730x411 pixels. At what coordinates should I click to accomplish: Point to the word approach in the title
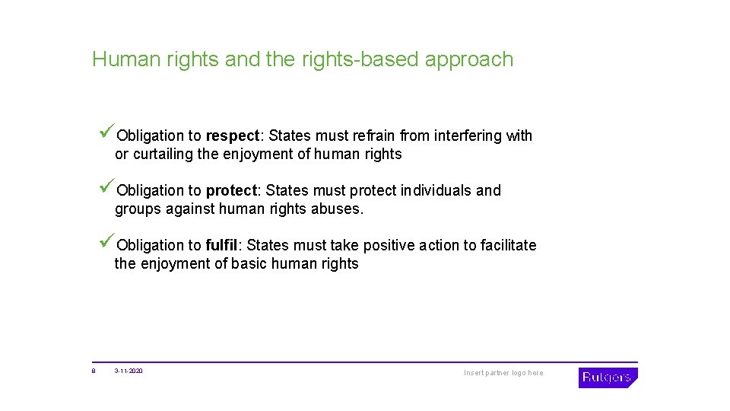tap(469, 60)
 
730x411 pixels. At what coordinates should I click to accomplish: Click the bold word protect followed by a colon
tap(233, 190)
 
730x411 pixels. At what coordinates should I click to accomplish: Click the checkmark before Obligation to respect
tap(107, 133)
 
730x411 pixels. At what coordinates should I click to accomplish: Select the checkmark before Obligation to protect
tap(107, 188)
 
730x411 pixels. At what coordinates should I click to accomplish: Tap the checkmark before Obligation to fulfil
tap(107, 243)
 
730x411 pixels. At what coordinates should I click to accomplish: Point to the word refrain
tap(374, 135)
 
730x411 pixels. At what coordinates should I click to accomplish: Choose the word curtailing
tap(162, 154)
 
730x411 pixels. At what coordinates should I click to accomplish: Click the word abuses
tap(338, 209)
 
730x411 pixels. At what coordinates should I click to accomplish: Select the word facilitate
tap(508, 245)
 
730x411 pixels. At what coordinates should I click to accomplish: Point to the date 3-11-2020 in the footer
tap(129, 371)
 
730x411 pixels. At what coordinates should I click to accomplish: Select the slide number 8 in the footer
tap(94, 371)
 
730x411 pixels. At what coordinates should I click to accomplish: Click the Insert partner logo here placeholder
tap(503, 373)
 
